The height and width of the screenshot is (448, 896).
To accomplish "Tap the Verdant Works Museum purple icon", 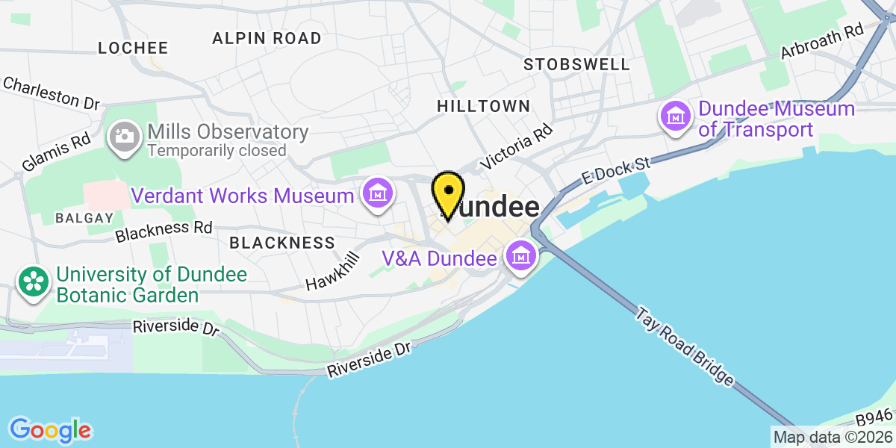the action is tap(378, 196).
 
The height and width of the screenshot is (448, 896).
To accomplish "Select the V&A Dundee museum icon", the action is tap(520, 258).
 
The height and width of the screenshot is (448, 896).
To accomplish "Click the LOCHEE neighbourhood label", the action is tap(134, 48).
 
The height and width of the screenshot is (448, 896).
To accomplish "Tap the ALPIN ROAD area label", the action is tap(267, 38).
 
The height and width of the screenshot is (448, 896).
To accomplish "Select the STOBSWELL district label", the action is tap(577, 64).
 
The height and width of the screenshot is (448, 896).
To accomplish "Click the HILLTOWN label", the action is tap(483, 107).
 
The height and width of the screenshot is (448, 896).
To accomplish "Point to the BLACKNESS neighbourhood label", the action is tap(282, 243).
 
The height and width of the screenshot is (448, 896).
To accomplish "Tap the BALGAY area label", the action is tap(84, 218).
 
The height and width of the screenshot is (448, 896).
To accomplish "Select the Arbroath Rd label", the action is tap(821, 40).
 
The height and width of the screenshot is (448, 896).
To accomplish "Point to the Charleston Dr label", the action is tap(51, 93).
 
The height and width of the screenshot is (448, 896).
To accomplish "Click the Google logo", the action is tap(50, 430).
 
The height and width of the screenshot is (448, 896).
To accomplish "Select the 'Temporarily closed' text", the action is tap(217, 150).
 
